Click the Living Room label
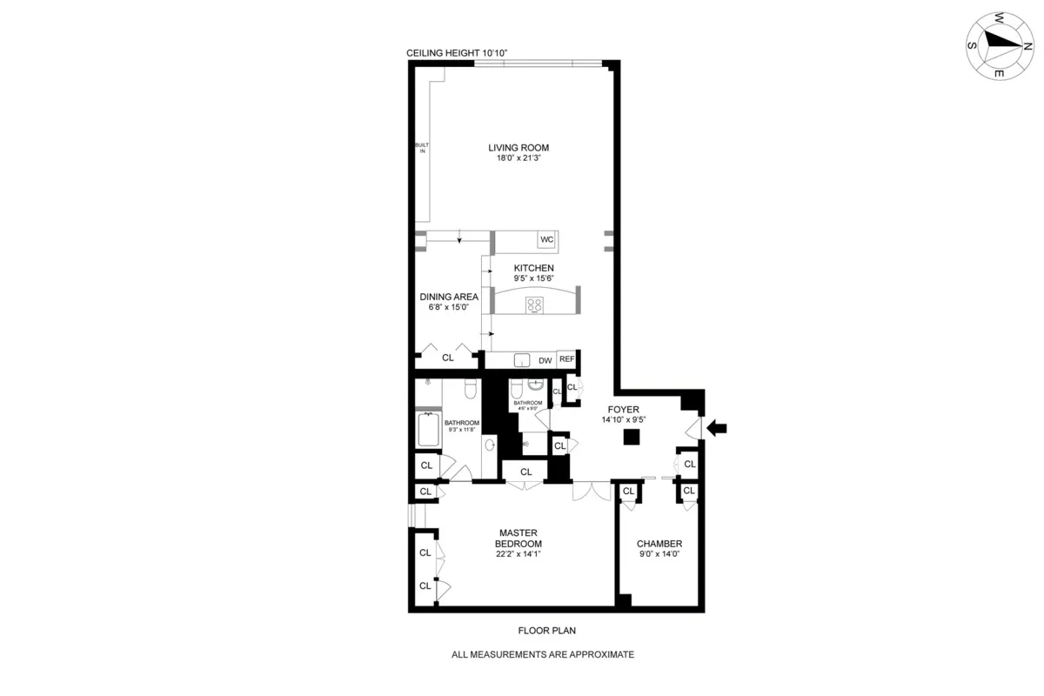tap(519, 147)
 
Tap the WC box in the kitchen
tap(547, 239)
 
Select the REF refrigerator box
tap(567, 358)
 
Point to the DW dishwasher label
tap(545, 359)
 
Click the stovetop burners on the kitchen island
tap(534, 304)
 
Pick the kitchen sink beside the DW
tap(522, 359)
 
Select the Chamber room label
tap(659, 544)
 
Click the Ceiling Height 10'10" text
tap(457, 53)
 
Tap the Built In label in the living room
tap(424, 147)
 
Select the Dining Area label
tap(449, 296)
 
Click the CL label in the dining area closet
tap(448, 358)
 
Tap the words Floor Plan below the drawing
tap(542, 631)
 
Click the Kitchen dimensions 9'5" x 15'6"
tap(533, 278)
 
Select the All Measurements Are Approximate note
tap(542, 654)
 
